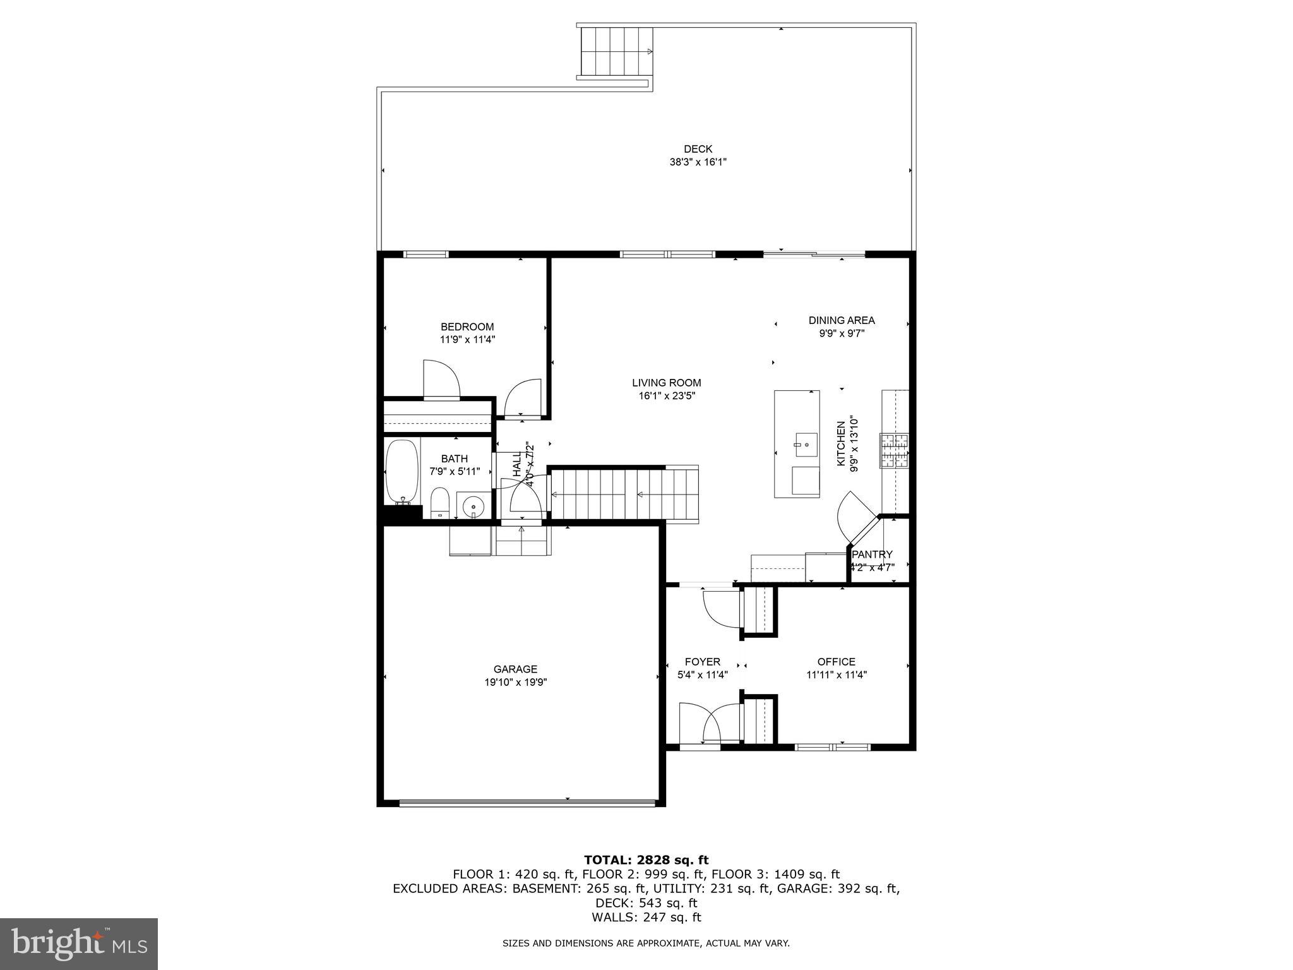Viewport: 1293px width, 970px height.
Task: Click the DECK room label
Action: pyautogui.click(x=698, y=149)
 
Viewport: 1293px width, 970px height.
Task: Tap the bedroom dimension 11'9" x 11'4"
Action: pyautogui.click(x=467, y=340)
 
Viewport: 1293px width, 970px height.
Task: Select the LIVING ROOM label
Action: pyautogui.click(x=666, y=383)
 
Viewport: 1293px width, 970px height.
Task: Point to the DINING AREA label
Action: pyautogui.click(x=842, y=320)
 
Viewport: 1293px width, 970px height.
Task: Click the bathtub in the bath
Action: pyautogui.click(x=402, y=472)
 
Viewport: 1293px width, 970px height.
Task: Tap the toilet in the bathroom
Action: pyautogui.click(x=439, y=503)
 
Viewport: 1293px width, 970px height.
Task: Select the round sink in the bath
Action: pyautogui.click(x=473, y=506)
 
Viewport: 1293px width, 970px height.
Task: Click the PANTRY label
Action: pyautogui.click(x=872, y=554)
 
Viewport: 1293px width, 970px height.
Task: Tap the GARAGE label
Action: pyautogui.click(x=515, y=669)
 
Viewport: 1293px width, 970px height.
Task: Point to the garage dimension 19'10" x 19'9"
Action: pyautogui.click(x=515, y=682)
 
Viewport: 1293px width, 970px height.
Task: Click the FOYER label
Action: pyautogui.click(x=702, y=662)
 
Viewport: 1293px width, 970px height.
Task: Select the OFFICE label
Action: pyautogui.click(x=836, y=662)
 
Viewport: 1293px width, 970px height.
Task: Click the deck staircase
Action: pyautogui.click(x=616, y=52)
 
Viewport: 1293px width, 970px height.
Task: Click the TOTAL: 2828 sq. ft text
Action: pyautogui.click(x=646, y=860)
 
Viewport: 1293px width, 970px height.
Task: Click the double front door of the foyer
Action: pyautogui.click(x=710, y=723)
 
